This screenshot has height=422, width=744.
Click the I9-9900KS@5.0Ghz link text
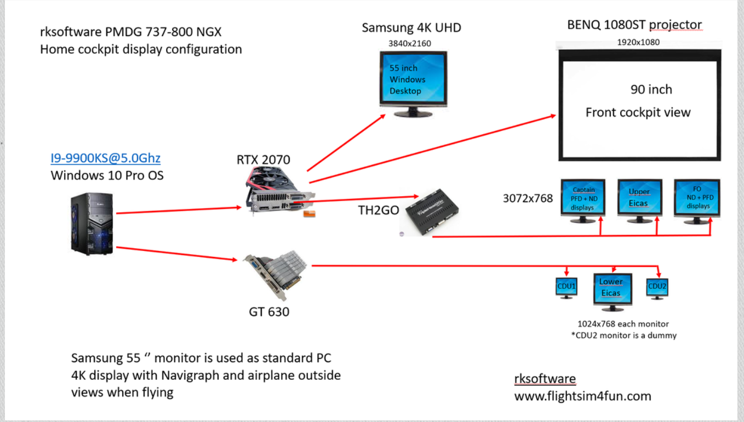(105, 159)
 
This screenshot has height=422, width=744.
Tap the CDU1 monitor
(566, 288)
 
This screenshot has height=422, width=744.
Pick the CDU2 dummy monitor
(657, 288)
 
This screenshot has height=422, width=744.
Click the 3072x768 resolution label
(528, 198)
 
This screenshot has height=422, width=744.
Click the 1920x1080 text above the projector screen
(638, 42)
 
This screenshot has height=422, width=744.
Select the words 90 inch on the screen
(651, 90)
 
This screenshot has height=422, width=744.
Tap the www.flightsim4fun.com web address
(582, 396)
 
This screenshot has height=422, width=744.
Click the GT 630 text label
(269, 312)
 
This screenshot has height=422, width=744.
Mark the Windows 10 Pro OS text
(107, 176)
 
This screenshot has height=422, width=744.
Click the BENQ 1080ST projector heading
(634, 25)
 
